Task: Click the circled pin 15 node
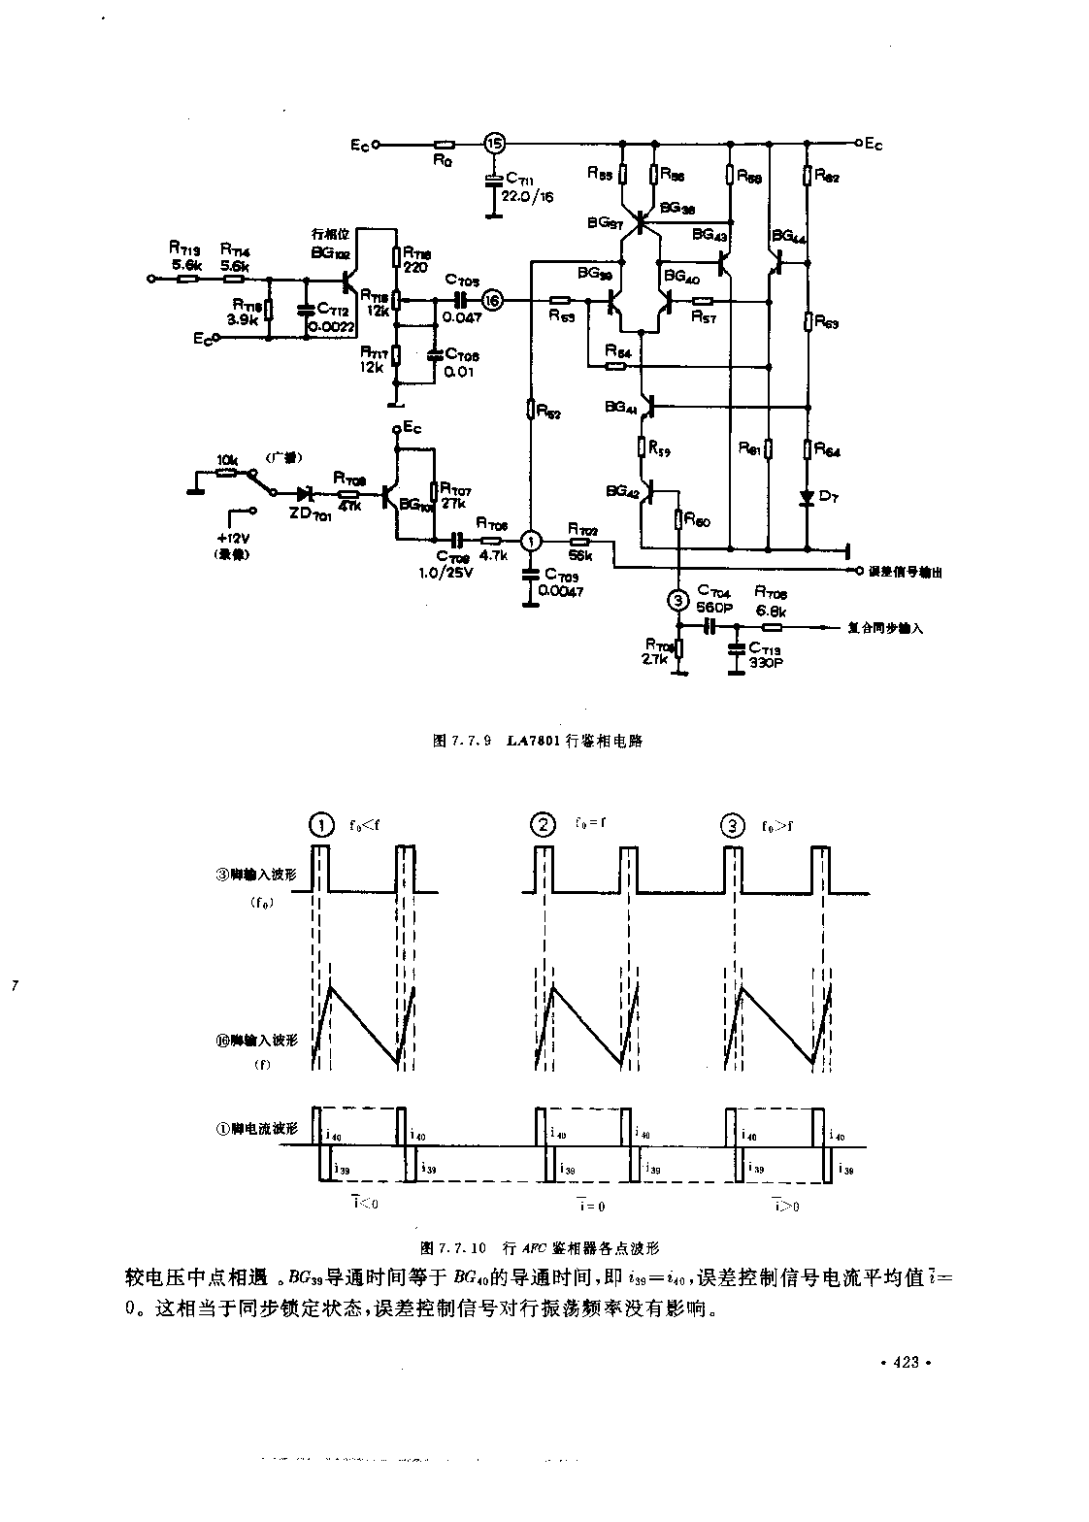click(x=495, y=144)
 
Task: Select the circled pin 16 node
click(x=492, y=301)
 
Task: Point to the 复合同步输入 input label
click(x=885, y=628)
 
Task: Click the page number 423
click(x=904, y=1363)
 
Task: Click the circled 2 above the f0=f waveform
click(x=543, y=825)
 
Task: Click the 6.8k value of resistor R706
click(x=773, y=612)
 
